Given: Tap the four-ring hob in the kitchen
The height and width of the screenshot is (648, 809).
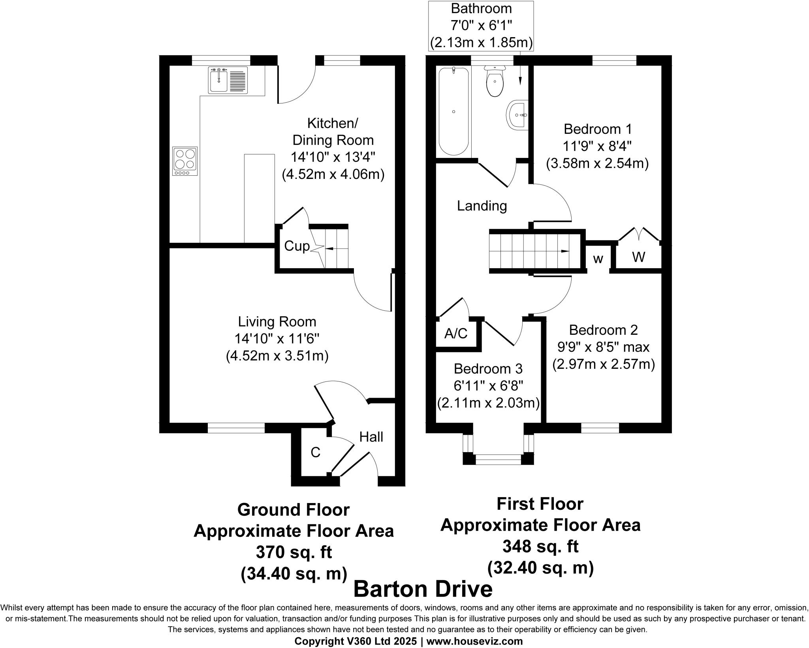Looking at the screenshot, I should [185, 161].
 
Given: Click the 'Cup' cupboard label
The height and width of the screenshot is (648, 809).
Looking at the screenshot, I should [297, 246].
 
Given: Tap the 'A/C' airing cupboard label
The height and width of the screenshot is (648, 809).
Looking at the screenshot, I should [456, 334].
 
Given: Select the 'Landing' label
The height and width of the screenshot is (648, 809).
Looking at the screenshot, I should [482, 206].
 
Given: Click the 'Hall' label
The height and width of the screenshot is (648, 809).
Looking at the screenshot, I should [371, 437].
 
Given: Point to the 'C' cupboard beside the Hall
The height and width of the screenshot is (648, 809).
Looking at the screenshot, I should [315, 453].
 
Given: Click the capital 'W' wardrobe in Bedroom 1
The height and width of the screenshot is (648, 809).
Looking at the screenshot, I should [638, 257].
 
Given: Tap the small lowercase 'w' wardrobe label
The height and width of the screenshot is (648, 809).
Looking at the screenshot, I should [598, 259].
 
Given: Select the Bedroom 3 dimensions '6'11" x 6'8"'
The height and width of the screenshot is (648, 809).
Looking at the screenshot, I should [488, 386].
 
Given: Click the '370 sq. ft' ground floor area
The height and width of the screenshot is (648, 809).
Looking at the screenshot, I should [293, 552].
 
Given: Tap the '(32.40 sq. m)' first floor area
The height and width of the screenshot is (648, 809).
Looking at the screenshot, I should [540, 568].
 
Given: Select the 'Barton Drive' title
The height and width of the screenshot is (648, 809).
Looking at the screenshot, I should [423, 589].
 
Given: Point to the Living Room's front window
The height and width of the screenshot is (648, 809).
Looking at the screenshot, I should [236, 428].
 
